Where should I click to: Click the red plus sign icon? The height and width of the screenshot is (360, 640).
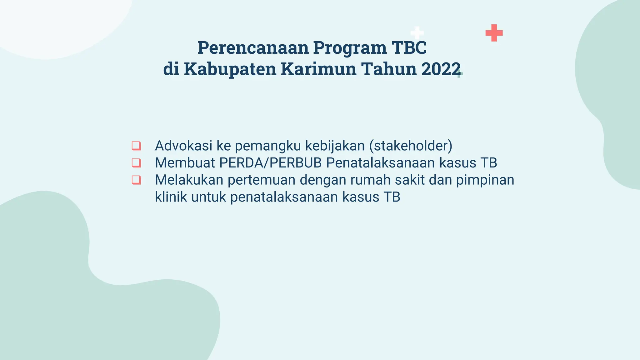click(x=494, y=33)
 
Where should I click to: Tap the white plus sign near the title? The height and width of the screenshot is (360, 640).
click(x=417, y=33)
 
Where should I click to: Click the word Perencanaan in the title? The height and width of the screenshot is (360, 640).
click(x=253, y=48)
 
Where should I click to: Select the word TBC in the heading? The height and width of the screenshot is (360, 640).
click(x=409, y=48)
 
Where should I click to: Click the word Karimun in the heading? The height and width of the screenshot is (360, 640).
click(x=318, y=69)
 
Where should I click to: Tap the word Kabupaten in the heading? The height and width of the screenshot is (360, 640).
click(x=230, y=69)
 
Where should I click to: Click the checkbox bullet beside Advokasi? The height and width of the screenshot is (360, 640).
click(x=136, y=146)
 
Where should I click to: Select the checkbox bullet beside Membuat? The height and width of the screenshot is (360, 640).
click(x=136, y=163)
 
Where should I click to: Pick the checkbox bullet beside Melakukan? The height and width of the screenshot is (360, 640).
click(x=136, y=180)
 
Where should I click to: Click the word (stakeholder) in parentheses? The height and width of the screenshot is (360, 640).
click(x=411, y=146)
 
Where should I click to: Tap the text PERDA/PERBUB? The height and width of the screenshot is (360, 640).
click(x=270, y=163)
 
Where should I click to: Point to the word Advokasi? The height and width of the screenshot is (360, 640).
click(x=183, y=146)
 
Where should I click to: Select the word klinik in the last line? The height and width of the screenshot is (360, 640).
click(x=171, y=197)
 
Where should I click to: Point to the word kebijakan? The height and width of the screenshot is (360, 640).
click(x=335, y=146)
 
